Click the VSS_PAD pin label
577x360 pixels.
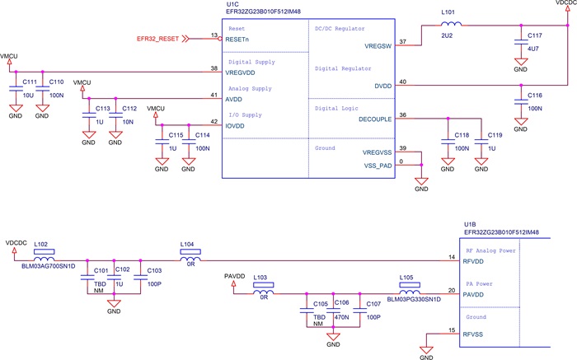(x=372, y=164)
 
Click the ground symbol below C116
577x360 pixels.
(x=520, y=125)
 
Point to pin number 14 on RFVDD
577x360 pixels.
(x=452, y=257)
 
